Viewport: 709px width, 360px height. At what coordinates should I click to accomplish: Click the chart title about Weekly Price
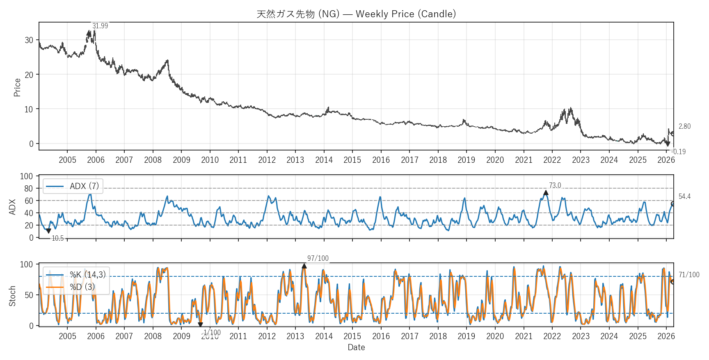356,14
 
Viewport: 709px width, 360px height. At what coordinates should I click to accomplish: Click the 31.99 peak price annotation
100,26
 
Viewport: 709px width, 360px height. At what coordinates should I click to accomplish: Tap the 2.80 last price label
684,126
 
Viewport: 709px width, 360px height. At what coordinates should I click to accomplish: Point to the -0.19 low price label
679,152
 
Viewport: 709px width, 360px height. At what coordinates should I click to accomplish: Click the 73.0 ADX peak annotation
555,185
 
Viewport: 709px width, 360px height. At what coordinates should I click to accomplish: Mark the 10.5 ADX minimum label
58,238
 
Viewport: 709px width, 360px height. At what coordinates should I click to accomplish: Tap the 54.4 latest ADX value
684,196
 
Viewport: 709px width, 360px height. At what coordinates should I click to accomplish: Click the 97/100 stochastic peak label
318,258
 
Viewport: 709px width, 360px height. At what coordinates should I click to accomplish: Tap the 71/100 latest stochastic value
689,275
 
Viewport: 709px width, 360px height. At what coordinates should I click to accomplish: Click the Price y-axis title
17,87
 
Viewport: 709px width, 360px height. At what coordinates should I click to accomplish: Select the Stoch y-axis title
12,296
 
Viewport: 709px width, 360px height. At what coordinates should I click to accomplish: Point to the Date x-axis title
356,347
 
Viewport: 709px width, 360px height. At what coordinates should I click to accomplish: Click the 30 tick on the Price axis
29,40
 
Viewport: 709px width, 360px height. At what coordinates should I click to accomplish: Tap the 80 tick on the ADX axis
28,189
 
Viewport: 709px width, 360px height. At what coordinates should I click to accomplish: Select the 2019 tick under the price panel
467,160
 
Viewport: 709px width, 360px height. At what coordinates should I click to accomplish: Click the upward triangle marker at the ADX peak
546,193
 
